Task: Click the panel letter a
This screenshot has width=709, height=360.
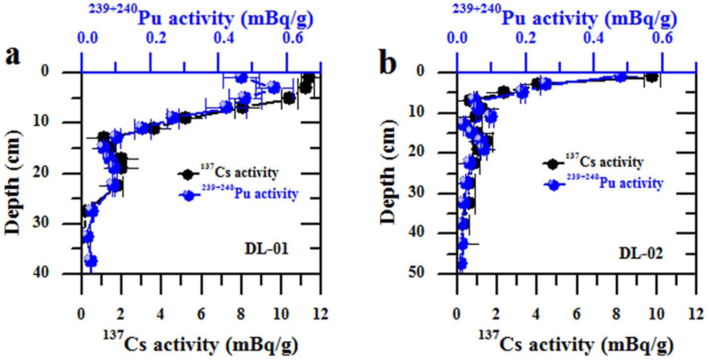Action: click(12, 55)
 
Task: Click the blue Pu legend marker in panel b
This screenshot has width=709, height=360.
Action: click(553, 183)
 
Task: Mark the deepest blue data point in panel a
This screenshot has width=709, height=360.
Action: click(90, 261)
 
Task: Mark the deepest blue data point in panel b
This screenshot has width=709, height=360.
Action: click(461, 263)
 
